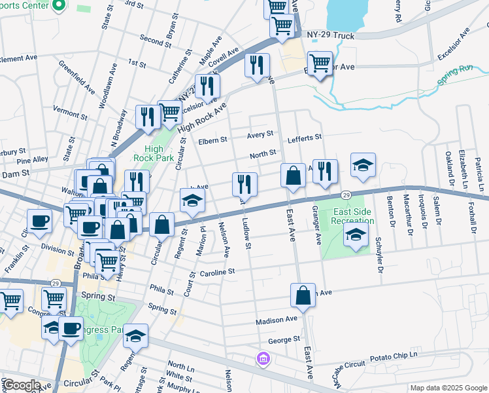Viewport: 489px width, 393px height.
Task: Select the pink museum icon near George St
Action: [x=263, y=358]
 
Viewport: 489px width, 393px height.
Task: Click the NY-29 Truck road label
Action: [x=330, y=36]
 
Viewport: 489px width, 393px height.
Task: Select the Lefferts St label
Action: [x=305, y=138]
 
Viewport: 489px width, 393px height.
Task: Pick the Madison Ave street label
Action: [x=277, y=320]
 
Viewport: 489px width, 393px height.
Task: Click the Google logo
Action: [x=22, y=384]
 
